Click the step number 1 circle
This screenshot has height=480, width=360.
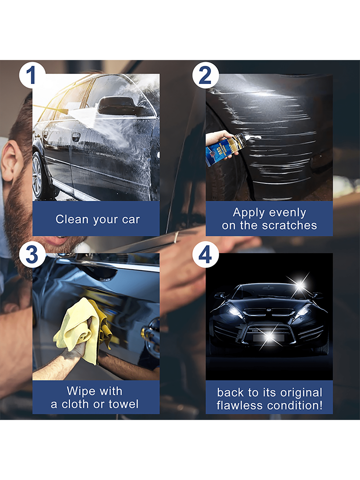click(x=32, y=75)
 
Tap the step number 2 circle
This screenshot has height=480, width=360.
click(x=205, y=75)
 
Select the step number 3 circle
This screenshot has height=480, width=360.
click(x=32, y=254)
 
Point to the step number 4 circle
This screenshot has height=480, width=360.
click(x=205, y=254)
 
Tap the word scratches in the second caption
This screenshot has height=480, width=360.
click(x=289, y=225)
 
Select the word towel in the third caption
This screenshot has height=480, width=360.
click(x=124, y=404)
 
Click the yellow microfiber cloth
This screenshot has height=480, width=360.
click(x=83, y=331)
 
